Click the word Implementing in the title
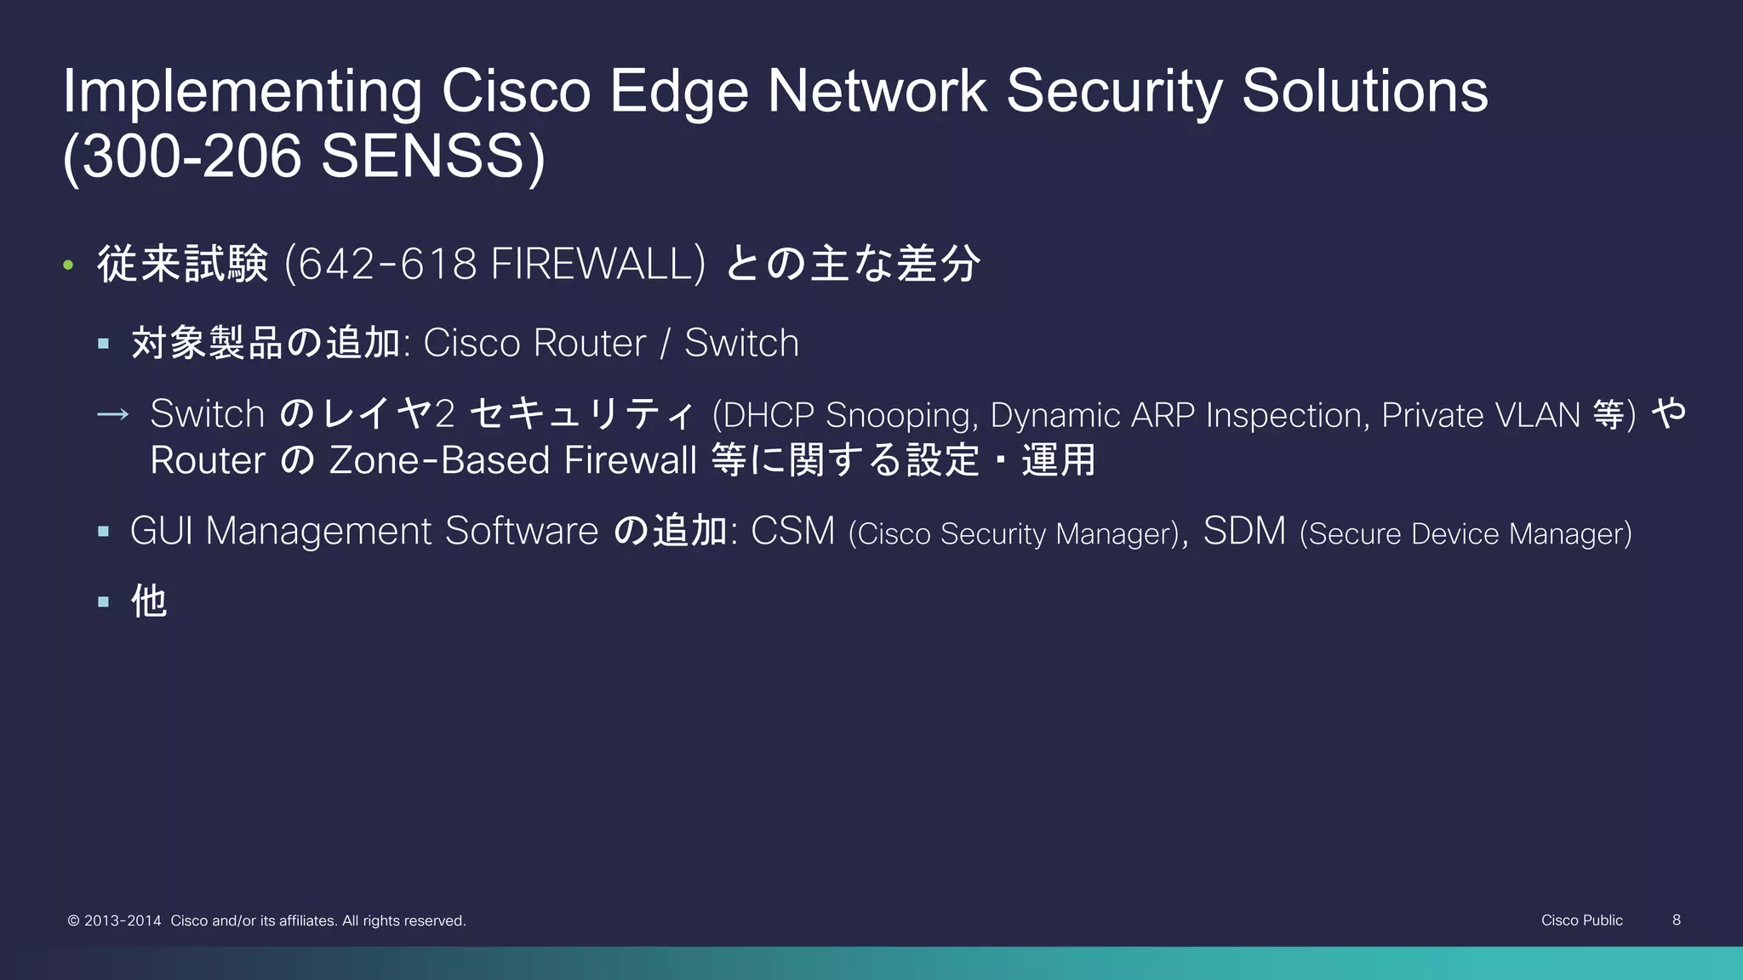242,92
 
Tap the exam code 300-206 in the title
192,157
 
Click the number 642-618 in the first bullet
386,264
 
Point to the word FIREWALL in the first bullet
592,264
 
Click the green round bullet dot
68,265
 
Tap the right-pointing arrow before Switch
112,415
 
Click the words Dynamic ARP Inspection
1180,415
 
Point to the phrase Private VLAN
1481,415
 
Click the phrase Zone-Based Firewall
512,460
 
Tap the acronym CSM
792,532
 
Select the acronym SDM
1244,532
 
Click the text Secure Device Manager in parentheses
1466,534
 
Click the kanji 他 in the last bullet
149,601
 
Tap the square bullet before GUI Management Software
104,532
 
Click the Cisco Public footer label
1581,920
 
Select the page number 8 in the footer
1677,920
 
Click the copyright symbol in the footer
73,920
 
